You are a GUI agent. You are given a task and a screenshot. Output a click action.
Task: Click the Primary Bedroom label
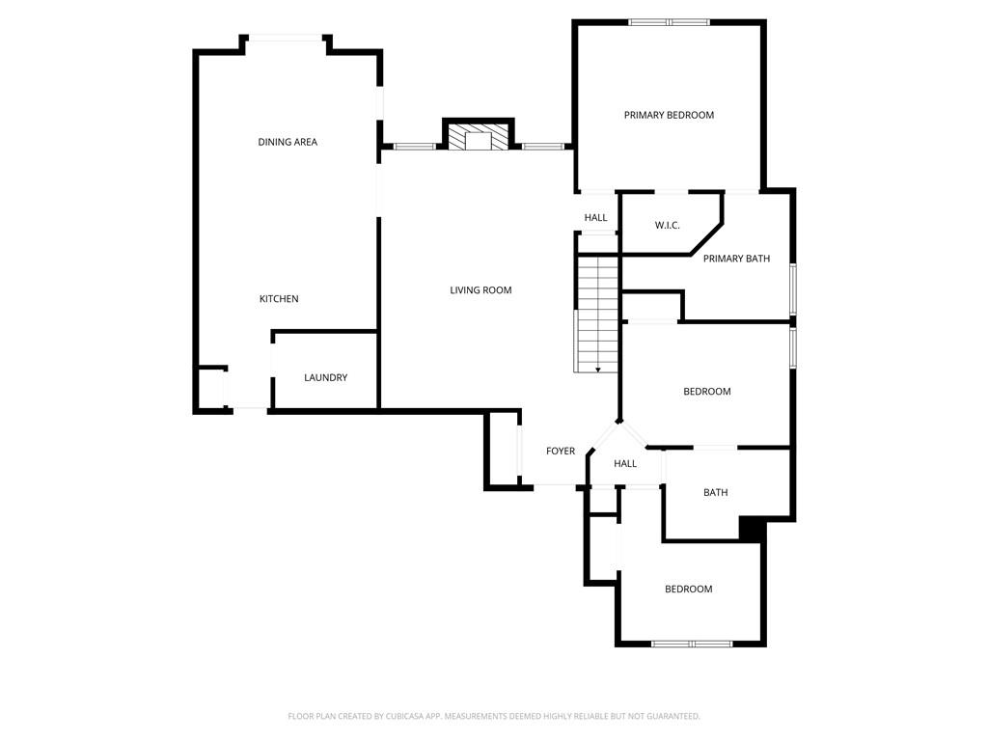[x=669, y=115]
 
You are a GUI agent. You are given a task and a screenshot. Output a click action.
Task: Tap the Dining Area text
[x=288, y=142]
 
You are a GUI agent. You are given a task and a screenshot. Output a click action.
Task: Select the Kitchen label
[x=279, y=299]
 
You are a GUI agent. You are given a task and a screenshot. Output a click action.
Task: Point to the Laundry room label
[x=325, y=377]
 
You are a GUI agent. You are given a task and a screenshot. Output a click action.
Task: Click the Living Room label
[x=480, y=289]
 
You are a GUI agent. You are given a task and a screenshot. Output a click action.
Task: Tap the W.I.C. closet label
[x=667, y=225]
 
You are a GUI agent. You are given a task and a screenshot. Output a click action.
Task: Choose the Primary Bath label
[x=736, y=259]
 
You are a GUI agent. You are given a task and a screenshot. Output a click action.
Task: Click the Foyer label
[x=561, y=451]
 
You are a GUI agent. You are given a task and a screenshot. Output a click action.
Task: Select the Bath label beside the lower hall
[x=715, y=492]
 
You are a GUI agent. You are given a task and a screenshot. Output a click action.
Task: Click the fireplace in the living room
[x=479, y=134]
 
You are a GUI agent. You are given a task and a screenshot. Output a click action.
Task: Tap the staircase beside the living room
[x=597, y=314]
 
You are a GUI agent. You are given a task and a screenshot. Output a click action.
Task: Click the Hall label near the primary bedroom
[x=595, y=217]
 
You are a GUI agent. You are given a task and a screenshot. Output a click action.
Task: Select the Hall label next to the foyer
[x=625, y=463]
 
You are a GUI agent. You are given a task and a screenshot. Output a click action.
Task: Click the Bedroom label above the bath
[x=707, y=392]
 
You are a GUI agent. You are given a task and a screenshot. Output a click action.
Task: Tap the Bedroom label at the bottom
[x=689, y=589]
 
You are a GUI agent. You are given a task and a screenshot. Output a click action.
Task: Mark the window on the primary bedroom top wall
[x=670, y=23]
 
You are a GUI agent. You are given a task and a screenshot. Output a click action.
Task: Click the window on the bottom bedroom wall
[x=692, y=644]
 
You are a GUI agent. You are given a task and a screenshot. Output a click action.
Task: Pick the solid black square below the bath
[x=752, y=528]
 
